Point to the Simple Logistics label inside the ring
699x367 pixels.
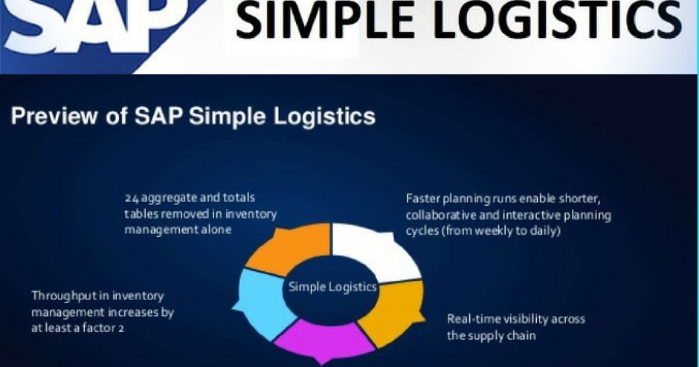332,286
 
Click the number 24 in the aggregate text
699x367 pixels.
132,198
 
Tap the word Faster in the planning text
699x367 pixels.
423,198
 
